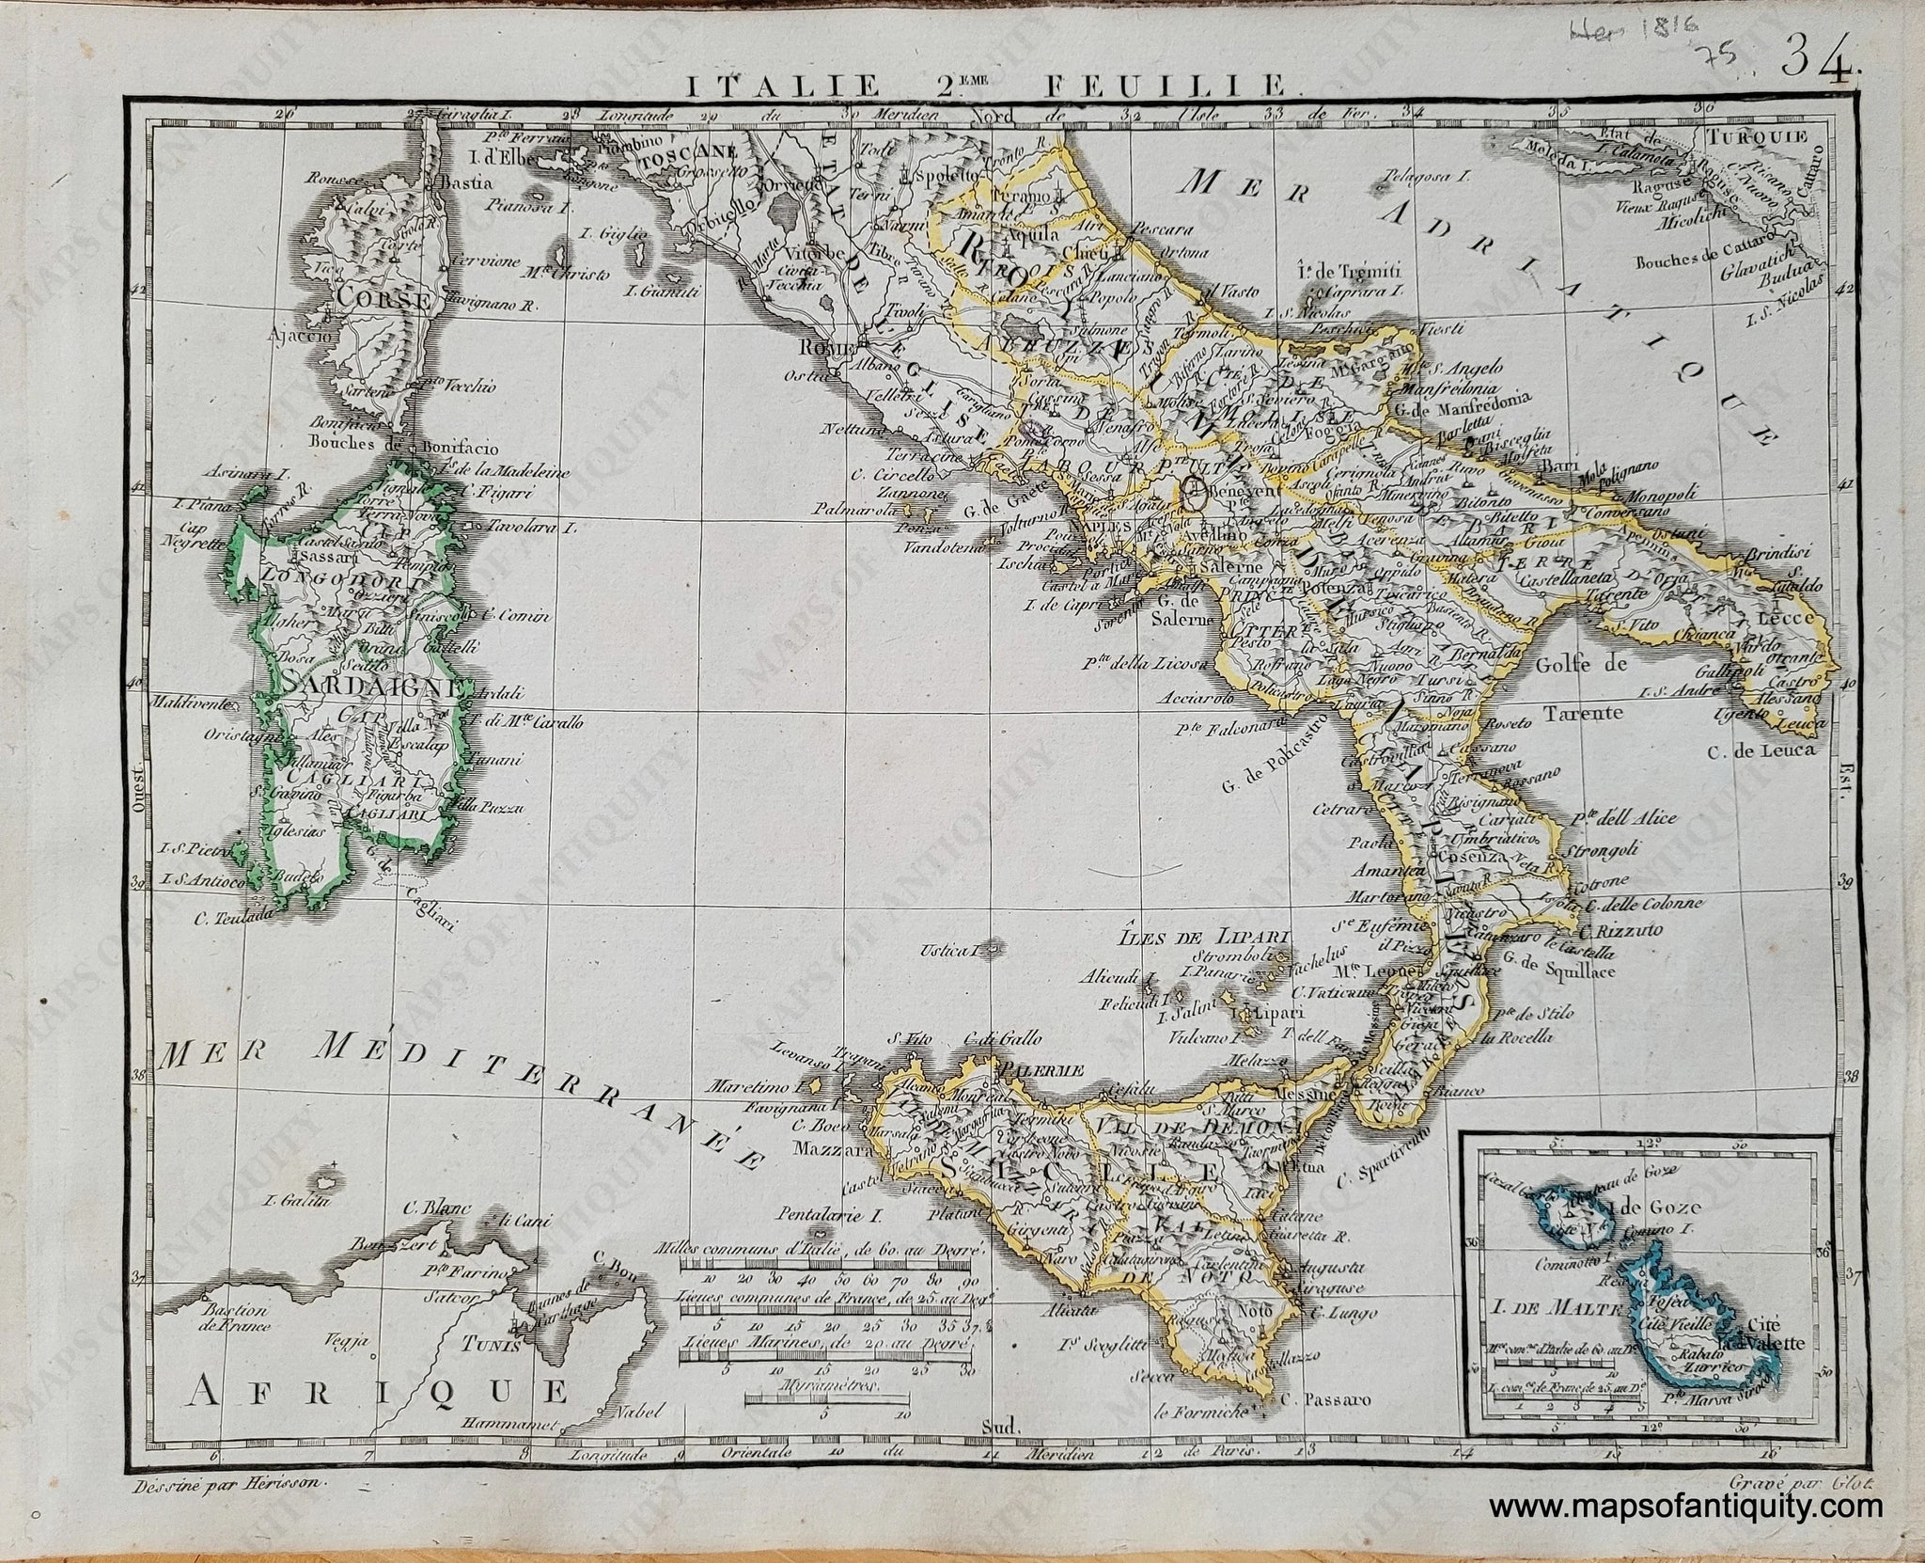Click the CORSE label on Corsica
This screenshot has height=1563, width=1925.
tap(381, 302)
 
